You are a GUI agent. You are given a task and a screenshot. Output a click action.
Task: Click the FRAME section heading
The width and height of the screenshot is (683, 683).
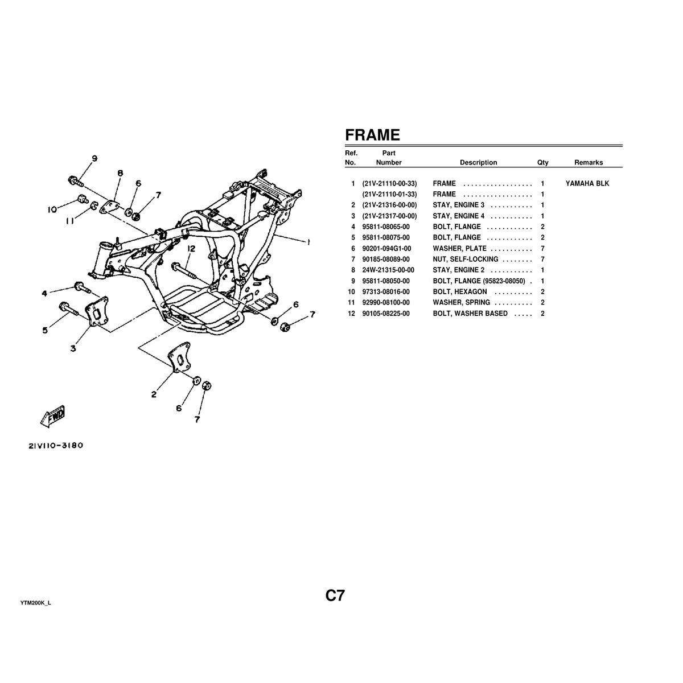[372, 135]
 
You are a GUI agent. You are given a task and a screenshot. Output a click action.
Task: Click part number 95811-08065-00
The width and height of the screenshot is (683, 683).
[385, 227]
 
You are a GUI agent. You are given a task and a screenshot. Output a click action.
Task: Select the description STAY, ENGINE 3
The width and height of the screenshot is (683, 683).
[458, 205]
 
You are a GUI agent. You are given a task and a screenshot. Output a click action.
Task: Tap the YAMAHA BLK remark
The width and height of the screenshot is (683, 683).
[587, 184]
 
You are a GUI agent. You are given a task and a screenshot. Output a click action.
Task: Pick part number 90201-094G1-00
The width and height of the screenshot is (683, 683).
[386, 249]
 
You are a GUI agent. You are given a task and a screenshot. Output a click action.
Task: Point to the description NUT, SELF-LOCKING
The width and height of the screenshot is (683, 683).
[465, 260]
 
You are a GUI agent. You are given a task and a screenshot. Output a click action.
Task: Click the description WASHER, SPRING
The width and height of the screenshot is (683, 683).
[461, 303]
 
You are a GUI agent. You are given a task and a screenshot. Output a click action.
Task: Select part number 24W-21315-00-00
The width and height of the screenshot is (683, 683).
[388, 270]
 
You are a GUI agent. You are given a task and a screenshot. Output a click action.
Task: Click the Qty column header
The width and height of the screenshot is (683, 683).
[542, 163]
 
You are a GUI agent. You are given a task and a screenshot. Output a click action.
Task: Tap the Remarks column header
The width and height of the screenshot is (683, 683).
[588, 163]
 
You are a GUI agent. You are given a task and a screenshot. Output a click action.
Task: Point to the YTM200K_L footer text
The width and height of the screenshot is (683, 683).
[36, 603]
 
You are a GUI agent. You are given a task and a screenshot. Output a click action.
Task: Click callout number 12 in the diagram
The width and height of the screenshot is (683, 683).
[191, 249]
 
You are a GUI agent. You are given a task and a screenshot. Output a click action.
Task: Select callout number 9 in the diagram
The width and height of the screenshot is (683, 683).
[94, 158]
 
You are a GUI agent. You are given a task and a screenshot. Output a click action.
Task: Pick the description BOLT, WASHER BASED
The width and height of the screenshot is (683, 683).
[470, 314]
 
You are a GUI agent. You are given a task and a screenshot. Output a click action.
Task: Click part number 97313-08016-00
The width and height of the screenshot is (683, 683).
[385, 292]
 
